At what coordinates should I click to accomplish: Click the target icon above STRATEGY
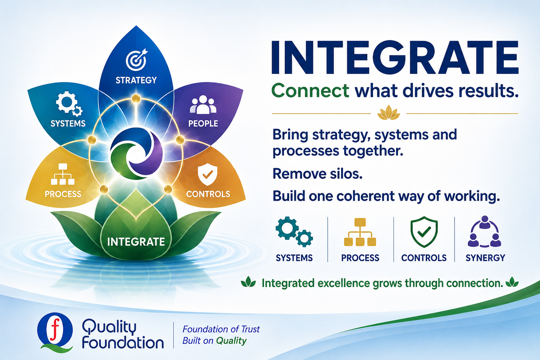point(136,59)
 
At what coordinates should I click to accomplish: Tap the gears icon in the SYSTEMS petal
point(69,103)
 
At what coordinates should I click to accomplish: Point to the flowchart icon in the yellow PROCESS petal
point(63,174)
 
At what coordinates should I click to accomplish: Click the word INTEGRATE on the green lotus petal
point(136,242)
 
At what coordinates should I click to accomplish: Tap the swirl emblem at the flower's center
point(136,154)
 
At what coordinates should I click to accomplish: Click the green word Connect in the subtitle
point(310,91)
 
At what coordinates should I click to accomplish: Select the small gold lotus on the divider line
point(388,112)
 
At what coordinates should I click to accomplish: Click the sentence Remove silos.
point(317,174)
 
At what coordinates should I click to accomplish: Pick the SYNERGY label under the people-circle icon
point(485,258)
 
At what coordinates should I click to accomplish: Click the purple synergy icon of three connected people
point(484,231)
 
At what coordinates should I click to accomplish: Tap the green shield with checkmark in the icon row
point(424,232)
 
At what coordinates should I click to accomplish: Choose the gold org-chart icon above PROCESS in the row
point(360,232)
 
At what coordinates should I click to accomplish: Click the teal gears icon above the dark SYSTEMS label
point(294,231)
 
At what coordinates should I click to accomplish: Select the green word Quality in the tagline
point(231,341)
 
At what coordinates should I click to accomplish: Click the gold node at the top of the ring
point(136,98)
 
